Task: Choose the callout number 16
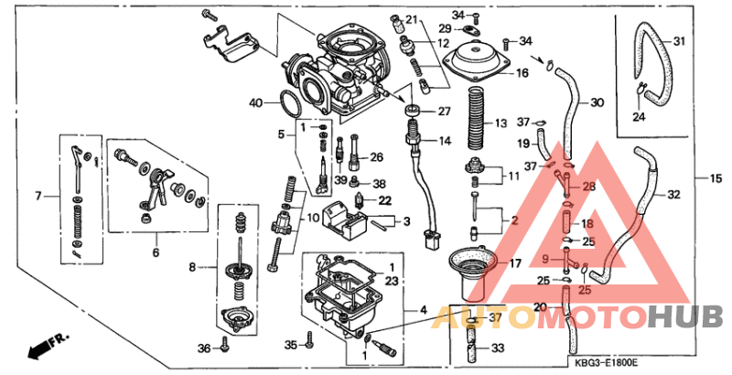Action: pos(522,72)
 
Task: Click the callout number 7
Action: pos(39,196)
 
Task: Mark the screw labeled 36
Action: pos(224,348)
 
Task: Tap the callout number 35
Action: pos(291,345)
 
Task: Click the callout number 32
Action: pos(673,195)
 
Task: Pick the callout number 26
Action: pos(376,157)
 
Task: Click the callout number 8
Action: pos(193,268)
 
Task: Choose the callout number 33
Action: pos(497,348)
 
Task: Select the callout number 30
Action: pos(597,102)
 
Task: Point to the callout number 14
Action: pos(445,141)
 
